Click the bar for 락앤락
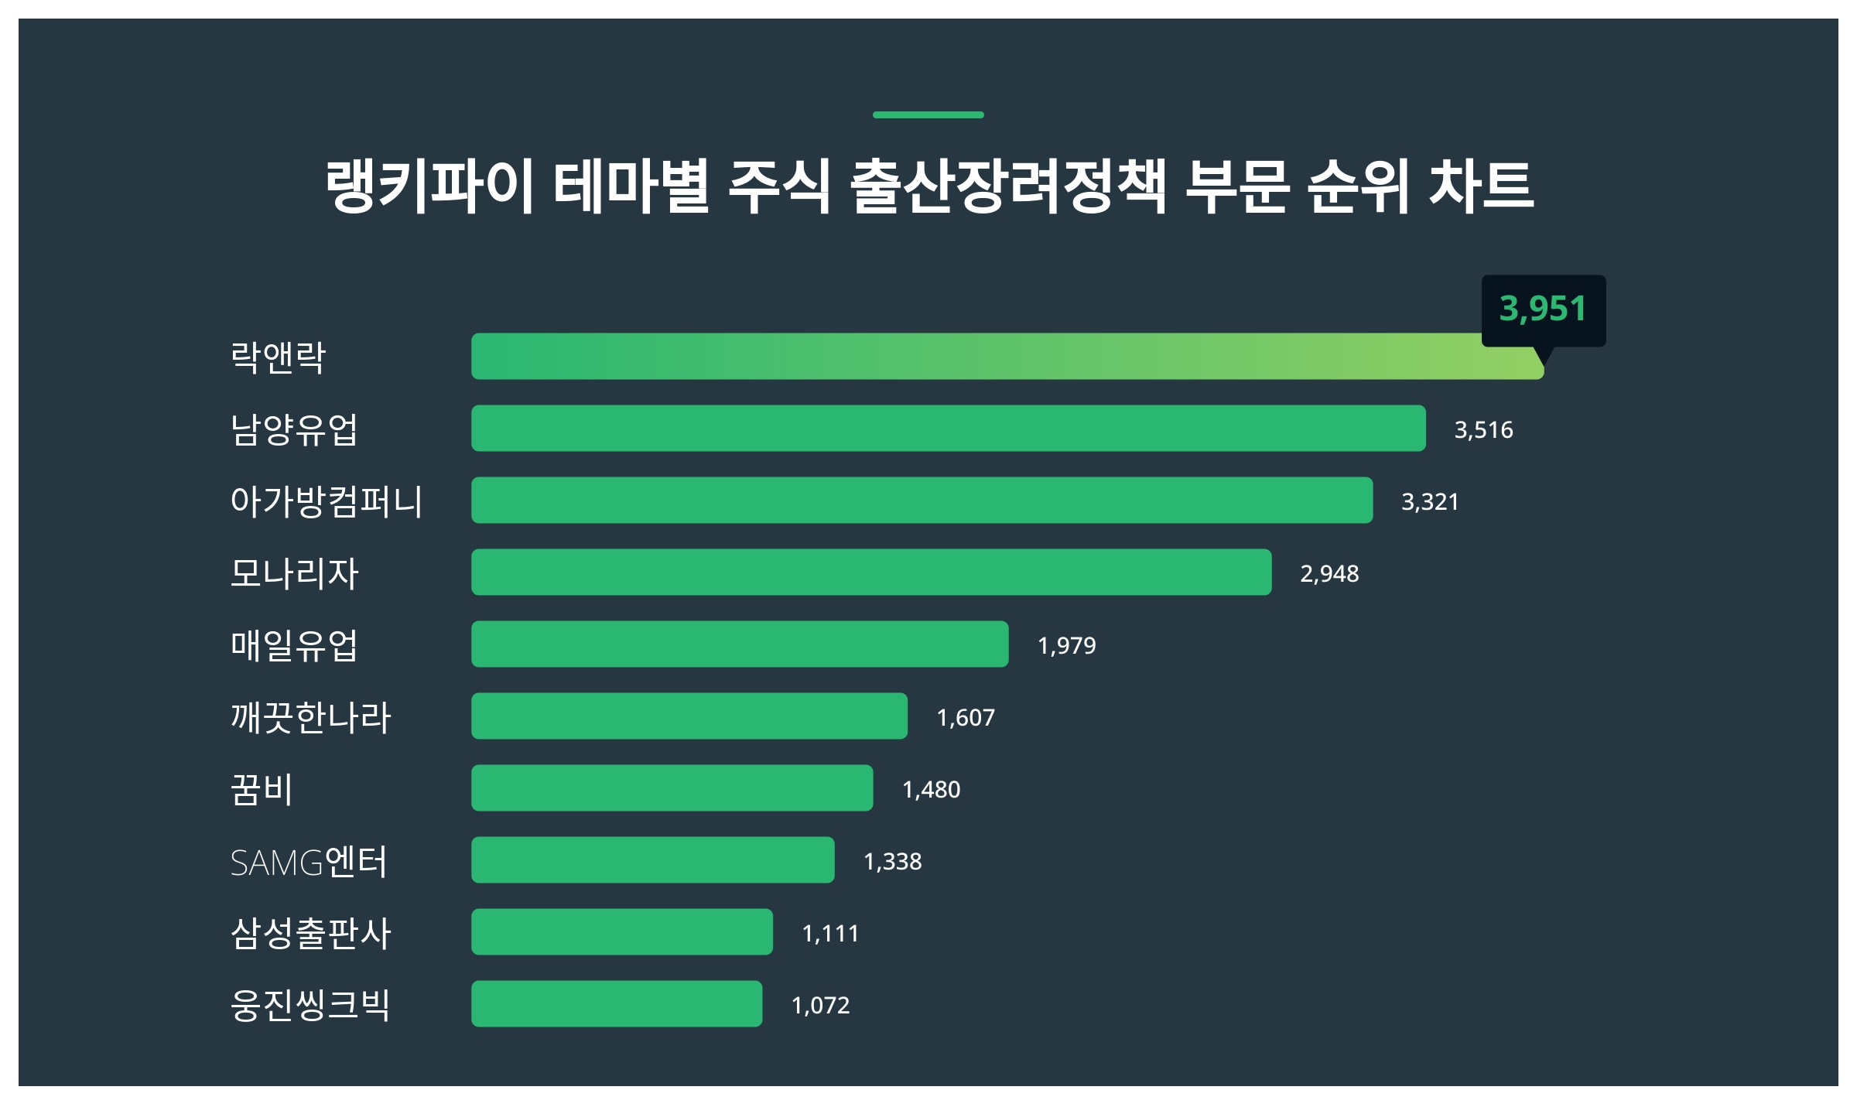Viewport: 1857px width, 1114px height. coord(1006,357)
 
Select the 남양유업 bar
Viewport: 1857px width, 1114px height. coord(948,429)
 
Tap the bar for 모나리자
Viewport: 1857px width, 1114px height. coord(870,572)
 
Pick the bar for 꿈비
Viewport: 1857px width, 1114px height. coord(672,788)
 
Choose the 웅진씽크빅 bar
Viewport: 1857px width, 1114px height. coord(616,1004)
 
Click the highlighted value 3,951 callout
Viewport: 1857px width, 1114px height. coord(1543,309)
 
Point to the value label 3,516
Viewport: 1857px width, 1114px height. coord(1483,430)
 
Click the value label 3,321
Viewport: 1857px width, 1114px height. coord(1430,502)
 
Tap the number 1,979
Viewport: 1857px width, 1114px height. coord(1066,646)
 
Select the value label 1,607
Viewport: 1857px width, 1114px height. coord(966,718)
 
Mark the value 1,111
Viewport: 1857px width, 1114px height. coord(830,934)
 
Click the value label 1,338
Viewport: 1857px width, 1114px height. coord(892,862)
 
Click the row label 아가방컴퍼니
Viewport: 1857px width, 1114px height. coord(327,501)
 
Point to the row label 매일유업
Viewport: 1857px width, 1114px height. coord(294,645)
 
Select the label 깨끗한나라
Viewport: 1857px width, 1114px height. coord(311,717)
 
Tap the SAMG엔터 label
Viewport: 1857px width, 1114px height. coord(309,862)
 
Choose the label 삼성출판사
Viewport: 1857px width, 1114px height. coord(311,933)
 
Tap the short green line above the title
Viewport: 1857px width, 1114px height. coord(928,115)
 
